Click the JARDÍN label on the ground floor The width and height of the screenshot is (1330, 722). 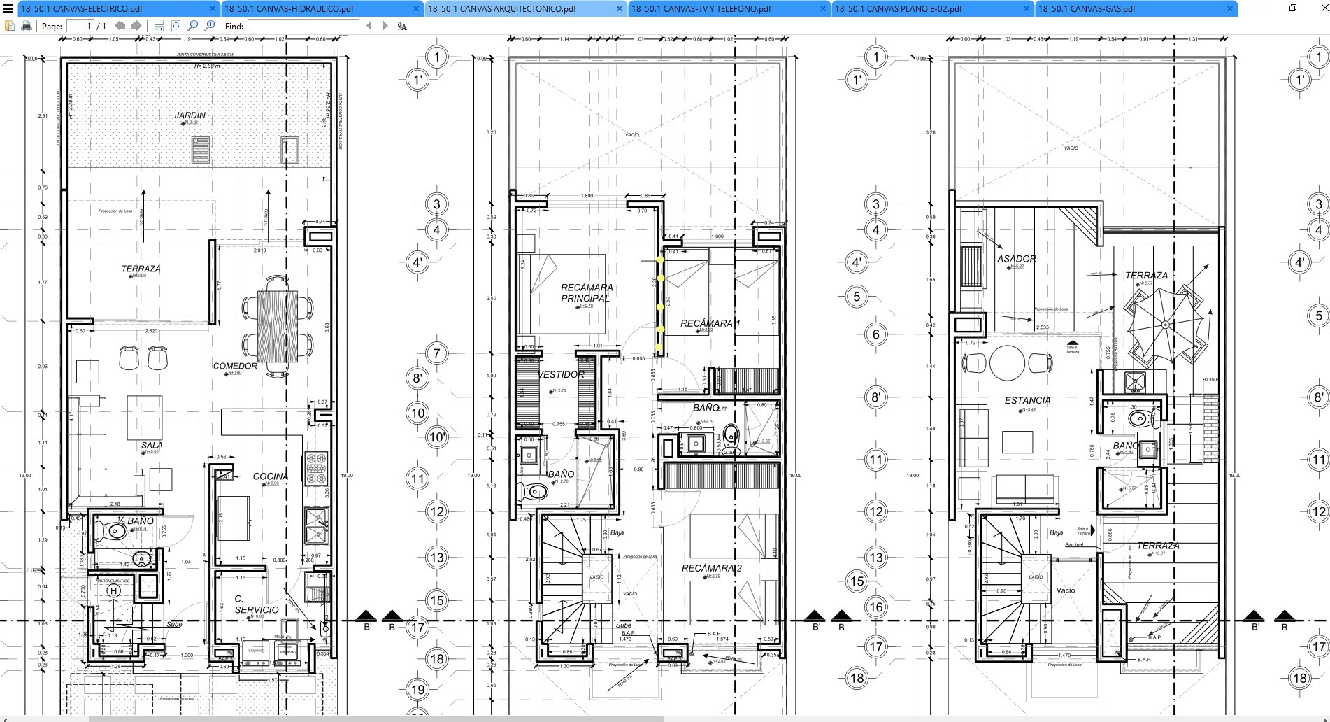click(190, 115)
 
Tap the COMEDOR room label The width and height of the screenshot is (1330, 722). click(235, 366)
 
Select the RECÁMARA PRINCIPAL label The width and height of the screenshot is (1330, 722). click(586, 292)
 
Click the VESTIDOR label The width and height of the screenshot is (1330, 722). click(562, 375)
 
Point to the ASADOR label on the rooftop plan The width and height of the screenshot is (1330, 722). click(1016, 259)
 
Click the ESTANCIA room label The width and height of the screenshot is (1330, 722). click(1027, 401)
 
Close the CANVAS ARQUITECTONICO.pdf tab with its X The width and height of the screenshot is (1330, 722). click(620, 9)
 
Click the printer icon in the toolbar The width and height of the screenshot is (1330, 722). click(27, 26)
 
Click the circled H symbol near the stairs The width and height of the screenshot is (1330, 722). click(113, 591)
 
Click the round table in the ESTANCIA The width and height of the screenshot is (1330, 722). click(1007, 362)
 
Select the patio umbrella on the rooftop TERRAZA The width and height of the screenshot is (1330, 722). click(1165, 325)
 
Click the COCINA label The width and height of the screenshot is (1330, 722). click(270, 476)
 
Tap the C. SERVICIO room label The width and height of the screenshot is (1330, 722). click(256, 604)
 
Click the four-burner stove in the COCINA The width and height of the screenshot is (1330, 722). click(316, 469)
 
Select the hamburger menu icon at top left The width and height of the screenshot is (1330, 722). click(8, 9)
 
